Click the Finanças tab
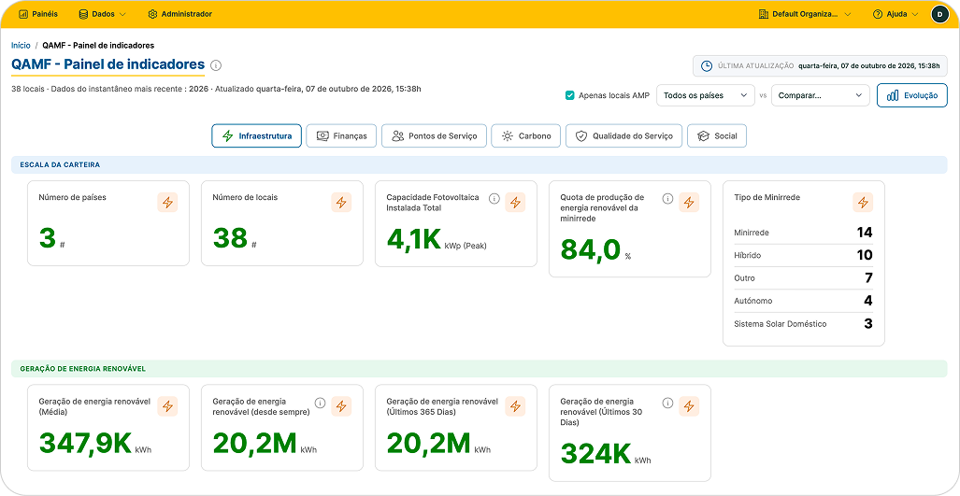pos(340,135)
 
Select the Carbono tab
pos(526,135)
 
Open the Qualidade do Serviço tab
pos(623,135)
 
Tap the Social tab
pos(716,135)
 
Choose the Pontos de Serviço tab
pos(434,135)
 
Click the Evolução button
pos(911,95)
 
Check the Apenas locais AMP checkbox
pos(570,95)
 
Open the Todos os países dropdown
pos(706,95)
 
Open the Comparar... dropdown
pos(821,95)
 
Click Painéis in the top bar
pos(38,13)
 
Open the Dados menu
pos(102,13)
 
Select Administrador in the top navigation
pos(180,13)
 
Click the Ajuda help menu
pos(896,14)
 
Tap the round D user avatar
pos(939,14)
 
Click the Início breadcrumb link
pos(21,45)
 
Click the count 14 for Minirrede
pos(865,233)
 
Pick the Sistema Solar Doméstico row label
pos(780,324)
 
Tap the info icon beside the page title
pos(216,64)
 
